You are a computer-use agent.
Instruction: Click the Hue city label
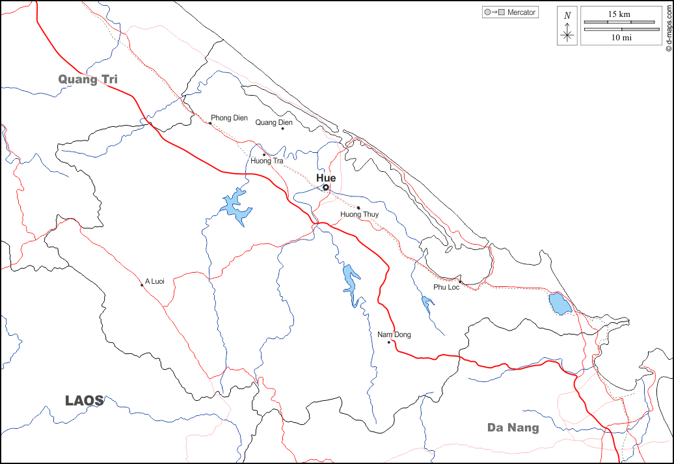[326, 178]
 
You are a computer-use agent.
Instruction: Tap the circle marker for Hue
[326, 187]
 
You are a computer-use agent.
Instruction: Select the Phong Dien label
[229, 118]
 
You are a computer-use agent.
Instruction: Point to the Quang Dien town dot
[282, 128]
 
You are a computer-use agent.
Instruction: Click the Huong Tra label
[267, 161]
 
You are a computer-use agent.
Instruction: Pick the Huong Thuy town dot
[358, 208]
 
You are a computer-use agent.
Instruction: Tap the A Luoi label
[155, 281]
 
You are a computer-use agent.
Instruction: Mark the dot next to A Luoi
[142, 285]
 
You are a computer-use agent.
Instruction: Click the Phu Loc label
[446, 287]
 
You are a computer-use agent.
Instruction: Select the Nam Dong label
[394, 334]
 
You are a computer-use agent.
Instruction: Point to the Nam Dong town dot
[388, 342]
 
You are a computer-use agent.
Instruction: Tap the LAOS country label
[85, 401]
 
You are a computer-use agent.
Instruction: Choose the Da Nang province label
[513, 428]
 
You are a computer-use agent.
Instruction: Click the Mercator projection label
[521, 12]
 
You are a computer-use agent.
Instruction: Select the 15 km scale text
[619, 14]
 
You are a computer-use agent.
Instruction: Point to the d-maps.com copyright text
[668, 26]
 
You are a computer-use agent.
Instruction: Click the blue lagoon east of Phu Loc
[558, 303]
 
